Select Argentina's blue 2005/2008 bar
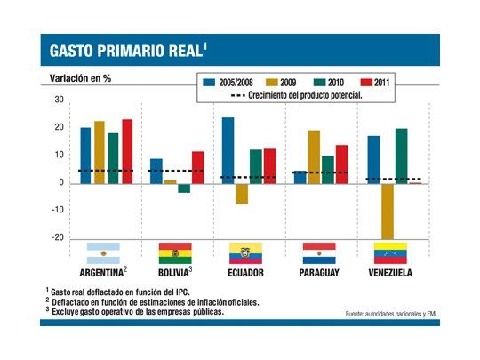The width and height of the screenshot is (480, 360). click(x=85, y=155)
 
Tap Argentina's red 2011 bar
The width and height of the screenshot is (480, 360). click(x=127, y=151)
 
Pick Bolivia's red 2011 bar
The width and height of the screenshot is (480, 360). click(x=198, y=167)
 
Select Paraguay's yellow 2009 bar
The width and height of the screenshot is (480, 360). click(x=314, y=156)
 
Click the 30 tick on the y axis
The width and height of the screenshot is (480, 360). click(x=59, y=100)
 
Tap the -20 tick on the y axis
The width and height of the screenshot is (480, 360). click(x=57, y=238)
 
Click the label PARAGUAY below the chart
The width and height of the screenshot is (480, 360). click(x=318, y=273)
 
